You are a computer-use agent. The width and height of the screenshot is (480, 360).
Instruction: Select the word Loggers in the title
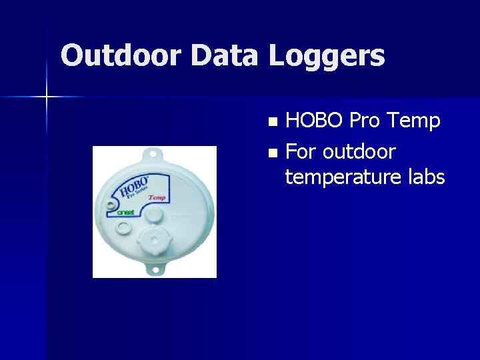(327, 56)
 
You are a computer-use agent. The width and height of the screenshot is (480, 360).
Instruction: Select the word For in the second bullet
(301, 152)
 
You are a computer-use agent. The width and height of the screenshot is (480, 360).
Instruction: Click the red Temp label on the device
(157, 197)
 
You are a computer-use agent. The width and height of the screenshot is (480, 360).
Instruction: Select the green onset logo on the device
(125, 212)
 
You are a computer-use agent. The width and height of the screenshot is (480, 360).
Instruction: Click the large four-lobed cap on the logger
(152, 240)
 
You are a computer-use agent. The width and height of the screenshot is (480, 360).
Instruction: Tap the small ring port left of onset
(122, 228)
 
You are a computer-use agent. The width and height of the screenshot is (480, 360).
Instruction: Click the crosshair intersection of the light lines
(47, 97)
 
